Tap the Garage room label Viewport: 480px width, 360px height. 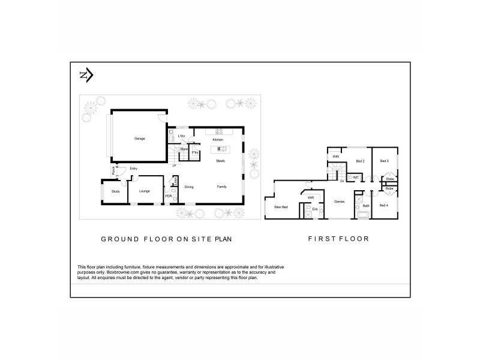(139, 139)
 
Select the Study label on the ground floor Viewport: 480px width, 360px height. (115, 191)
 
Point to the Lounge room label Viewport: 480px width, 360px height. (144, 191)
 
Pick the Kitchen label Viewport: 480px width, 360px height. (217, 140)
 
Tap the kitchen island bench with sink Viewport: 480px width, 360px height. (217, 148)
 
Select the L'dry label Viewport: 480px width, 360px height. (181, 136)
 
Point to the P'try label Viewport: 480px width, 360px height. (196, 153)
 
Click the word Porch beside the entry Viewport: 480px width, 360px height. (113, 172)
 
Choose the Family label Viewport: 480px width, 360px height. (221, 187)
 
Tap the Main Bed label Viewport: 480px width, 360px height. (281, 207)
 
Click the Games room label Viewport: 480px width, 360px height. (339, 202)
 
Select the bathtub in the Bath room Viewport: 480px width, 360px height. (362, 214)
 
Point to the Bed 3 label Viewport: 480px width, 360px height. (384, 161)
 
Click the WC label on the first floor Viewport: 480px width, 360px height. (356, 178)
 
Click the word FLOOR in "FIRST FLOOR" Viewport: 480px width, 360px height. (353, 239)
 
